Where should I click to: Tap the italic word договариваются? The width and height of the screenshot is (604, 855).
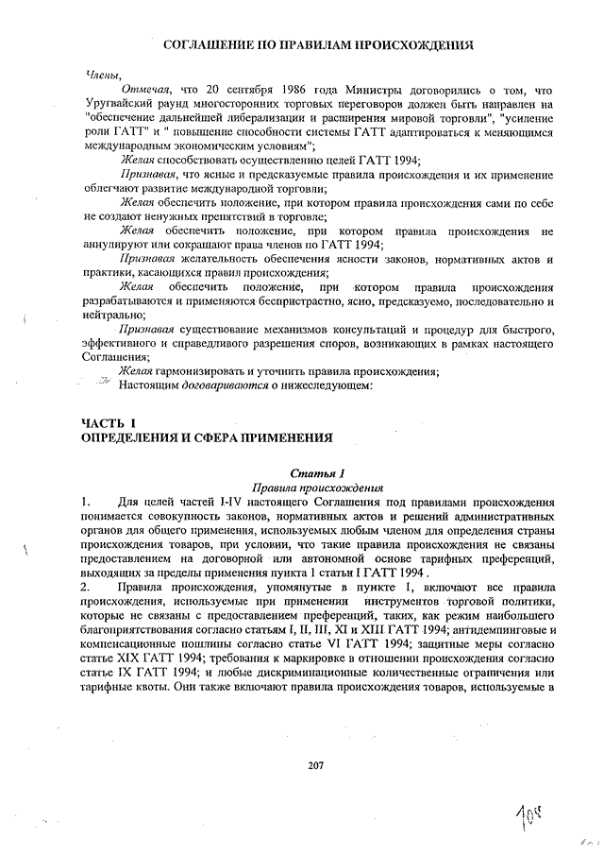pyautogui.click(x=217, y=385)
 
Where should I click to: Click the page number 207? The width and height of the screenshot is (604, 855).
pyautogui.click(x=316, y=765)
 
